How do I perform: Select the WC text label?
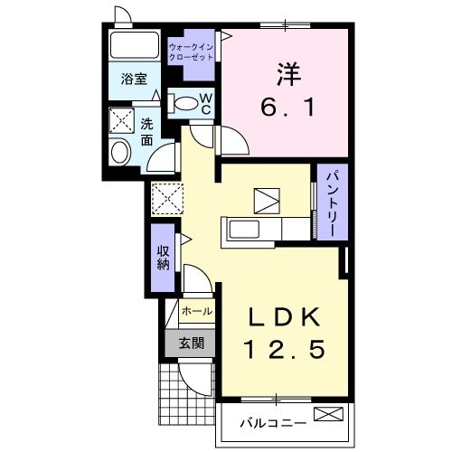[205, 101]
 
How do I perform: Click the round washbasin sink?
[118, 152]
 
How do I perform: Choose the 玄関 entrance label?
[190, 343]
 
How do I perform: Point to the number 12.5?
[282, 347]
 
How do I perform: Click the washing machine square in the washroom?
[122, 121]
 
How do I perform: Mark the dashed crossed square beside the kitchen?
[167, 197]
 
